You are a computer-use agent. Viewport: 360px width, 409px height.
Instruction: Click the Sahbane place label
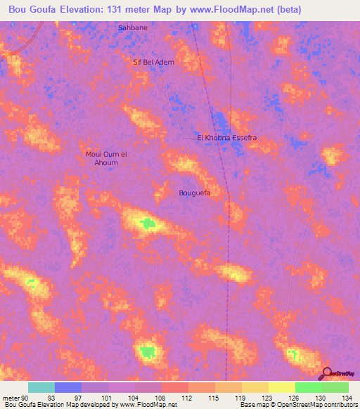pos(132,27)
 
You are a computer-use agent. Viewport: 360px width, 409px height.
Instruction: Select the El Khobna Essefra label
pos(226,138)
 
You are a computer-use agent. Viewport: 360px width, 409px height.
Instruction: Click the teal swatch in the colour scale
pos(41,387)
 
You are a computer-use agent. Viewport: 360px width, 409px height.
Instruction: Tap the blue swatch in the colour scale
pos(68,387)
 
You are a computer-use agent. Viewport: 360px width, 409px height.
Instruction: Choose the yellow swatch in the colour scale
pos(282,387)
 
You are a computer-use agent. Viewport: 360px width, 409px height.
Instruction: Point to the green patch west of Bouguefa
pos(147,224)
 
